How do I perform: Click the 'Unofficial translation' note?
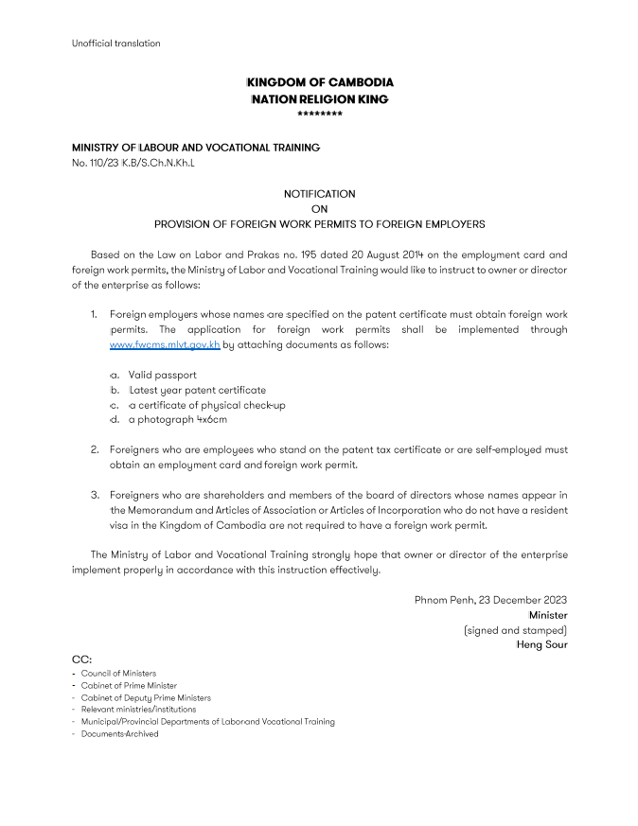(x=115, y=43)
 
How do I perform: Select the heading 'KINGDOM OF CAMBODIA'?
(x=319, y=83)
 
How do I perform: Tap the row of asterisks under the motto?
(x=319, y=114)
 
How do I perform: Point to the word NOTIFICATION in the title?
(x=319, y=193)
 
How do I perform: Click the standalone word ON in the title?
(x=319, y=209)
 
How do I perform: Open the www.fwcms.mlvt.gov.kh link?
(x=165, y=344)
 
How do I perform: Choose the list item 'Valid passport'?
(x=163, y=375)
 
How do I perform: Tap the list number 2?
(x=95, y=449)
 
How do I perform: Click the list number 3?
(x=95, y=494)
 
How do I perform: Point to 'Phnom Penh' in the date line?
(x=444, y=600)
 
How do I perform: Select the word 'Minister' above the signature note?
(x=548, y=615)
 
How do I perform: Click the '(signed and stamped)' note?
(x=515, y=629)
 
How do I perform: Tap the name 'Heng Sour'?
(x=541, y=644)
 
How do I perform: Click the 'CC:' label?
(x=82, y=659)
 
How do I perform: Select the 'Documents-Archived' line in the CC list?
(x=119, y=733)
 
